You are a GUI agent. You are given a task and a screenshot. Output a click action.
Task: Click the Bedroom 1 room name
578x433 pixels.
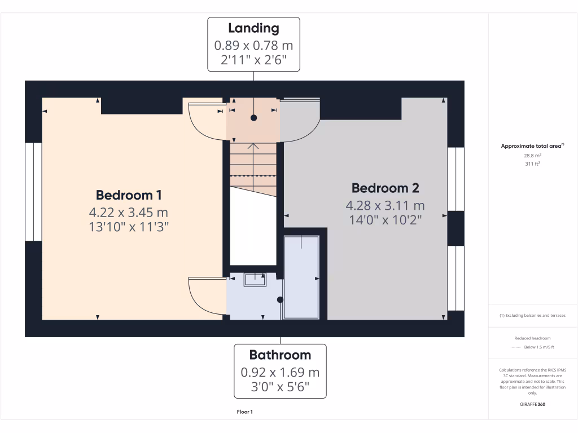[x=129, y=195]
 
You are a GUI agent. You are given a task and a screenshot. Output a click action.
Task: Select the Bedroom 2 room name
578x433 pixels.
[x=386, y=188]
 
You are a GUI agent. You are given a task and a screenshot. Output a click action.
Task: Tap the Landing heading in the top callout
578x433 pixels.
[x=253, y=28]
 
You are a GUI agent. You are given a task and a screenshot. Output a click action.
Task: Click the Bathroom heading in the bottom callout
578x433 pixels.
[x=280, y=355]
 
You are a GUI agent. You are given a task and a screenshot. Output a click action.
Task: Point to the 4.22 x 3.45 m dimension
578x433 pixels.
[x=129, y=213]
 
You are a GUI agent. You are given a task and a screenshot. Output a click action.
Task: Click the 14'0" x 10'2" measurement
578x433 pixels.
[x=386, y=219]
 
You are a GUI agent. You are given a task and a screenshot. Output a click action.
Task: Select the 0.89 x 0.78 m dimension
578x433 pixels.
[x=253, y=45]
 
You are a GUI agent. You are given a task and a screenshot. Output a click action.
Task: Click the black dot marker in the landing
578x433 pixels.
[x=253, y=118]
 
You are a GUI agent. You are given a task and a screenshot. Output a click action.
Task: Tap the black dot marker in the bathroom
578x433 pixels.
[x=280, y=300]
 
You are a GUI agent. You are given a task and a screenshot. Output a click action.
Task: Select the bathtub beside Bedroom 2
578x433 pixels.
[x=301, y=277]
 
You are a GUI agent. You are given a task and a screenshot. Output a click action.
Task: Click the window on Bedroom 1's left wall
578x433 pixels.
[x=33, y=191]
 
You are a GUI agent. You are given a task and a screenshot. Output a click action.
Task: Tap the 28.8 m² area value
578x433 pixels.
[x=533, y=154]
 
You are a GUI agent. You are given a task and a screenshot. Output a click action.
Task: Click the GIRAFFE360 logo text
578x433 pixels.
[x=533, y=404]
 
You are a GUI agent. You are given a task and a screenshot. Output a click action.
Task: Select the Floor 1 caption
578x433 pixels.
[x=244, y=412]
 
